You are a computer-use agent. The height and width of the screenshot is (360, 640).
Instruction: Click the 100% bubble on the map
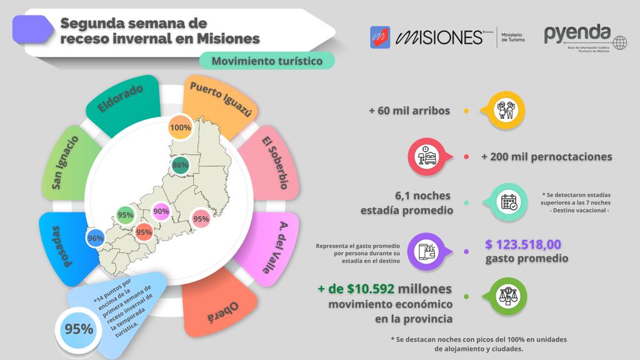180,127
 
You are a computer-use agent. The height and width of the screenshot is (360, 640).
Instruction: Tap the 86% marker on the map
181,166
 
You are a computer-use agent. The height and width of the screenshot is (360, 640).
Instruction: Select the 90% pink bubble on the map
161,212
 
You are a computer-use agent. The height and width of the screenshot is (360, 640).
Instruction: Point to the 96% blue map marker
96,238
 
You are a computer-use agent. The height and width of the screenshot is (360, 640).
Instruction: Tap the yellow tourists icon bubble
504,111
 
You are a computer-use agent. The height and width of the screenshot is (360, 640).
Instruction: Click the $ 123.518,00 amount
524,244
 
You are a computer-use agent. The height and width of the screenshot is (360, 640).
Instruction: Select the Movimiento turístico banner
267,61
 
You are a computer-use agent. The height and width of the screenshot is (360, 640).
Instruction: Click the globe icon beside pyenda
619,42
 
